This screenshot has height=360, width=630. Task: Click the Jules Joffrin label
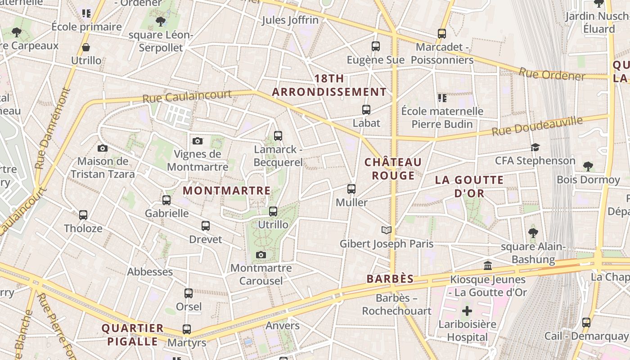tap(290, 20)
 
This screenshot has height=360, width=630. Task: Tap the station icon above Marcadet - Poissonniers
tap(441, 34)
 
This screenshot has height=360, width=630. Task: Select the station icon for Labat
tap(366, 110)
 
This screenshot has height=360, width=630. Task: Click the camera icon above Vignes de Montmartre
tap(197, 141)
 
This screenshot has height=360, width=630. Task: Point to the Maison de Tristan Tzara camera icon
tap(103, 148)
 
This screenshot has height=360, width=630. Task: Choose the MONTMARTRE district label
tap(227, 191)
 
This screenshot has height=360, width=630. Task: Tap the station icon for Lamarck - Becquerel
tap(278, 136)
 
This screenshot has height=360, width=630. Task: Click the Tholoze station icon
tap(83, 215)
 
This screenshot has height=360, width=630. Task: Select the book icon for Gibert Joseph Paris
tap(386, 230)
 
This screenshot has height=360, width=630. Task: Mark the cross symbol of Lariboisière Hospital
tap(467, 311)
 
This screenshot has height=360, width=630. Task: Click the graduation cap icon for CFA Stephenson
tap(535, 148)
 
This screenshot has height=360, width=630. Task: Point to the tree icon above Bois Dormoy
tap(588, 166)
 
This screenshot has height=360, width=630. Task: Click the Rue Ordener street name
tap(552, 74)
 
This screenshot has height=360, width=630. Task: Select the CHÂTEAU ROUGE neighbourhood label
tap(393, 169)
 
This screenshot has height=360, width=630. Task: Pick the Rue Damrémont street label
tap(53, 128)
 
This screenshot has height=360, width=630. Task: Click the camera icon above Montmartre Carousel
tap(261, 255)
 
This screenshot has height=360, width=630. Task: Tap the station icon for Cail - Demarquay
tap(586, 323)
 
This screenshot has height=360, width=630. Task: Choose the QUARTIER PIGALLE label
tap(132, 334)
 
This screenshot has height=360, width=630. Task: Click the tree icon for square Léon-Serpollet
tap(160, 21)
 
